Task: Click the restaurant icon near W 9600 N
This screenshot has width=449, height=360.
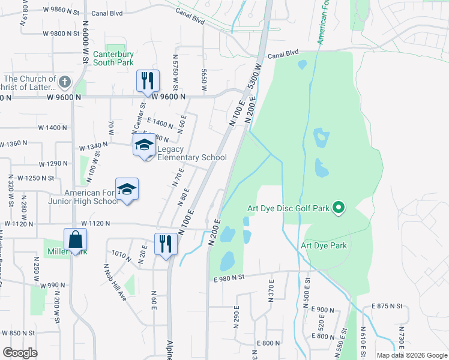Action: click(x=147, y=80)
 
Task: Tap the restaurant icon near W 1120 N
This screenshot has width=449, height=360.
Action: click(x=166, y=243)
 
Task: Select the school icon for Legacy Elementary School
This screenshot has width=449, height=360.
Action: click(x=144, y=145)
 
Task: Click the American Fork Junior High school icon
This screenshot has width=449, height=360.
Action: click(x=127, y=189)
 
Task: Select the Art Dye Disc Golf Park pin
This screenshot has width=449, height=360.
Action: click(x=339, y=208)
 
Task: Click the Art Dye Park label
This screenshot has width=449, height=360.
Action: click(x=324, y=245)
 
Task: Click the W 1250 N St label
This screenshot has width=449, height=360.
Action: click(x=35, y=178)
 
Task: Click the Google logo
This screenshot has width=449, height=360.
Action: click(x=20, y=353)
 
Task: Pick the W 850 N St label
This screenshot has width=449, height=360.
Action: click(x=18, y=333)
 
